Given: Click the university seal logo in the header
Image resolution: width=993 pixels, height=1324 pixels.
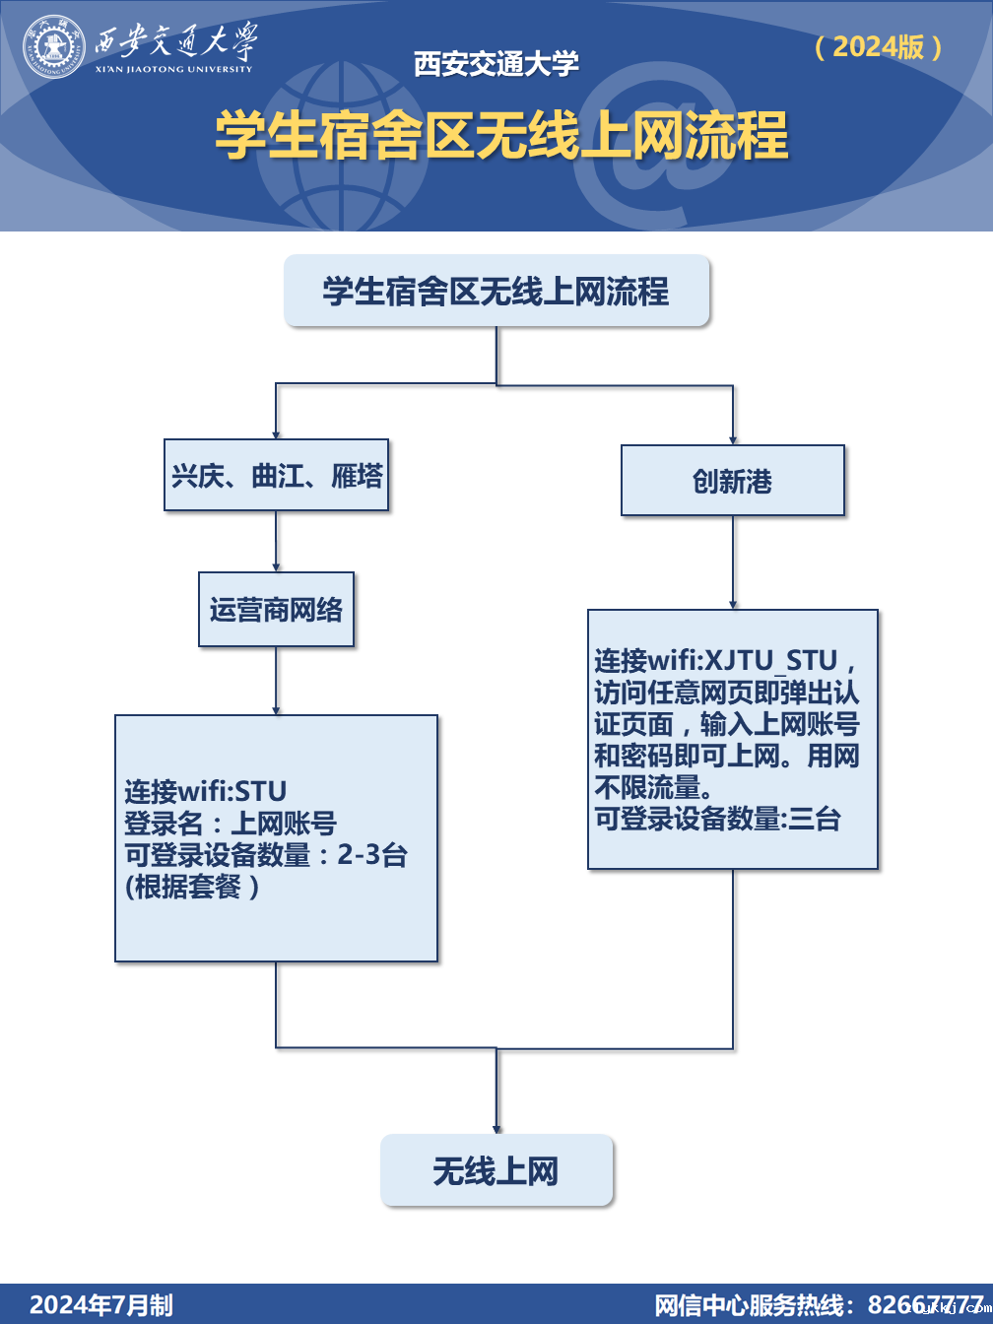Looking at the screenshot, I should click(x=54, y=46).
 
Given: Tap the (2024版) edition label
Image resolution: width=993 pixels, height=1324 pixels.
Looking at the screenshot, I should click(x=879, y=46).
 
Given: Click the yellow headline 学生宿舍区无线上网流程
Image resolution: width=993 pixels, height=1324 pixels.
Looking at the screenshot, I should click(x=501, y=135).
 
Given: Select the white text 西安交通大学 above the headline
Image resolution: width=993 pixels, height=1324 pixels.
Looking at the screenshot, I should click(x=496, y=65).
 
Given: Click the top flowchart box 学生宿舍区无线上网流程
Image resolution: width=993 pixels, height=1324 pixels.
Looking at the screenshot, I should click(x=496, y=291).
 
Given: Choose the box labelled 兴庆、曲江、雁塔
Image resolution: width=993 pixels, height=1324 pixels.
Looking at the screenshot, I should click(x=276, y=475).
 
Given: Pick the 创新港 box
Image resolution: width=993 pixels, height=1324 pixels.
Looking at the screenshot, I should click(x=732, y=481).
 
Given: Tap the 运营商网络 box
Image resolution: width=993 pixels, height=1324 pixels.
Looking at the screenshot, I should click(x=276, y=610).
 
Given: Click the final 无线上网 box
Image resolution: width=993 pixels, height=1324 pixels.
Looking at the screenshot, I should click(x=496, y=1170).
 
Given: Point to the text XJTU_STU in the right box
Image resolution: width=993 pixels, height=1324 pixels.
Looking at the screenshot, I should click(x=770, y=661).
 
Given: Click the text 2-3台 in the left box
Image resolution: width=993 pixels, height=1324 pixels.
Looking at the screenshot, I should click(x=371, y=854).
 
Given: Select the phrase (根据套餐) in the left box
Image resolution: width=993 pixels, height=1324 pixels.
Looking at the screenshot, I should click(x=192, y=887).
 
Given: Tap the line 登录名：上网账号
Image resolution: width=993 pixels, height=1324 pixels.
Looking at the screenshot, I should click(x=231, y=823).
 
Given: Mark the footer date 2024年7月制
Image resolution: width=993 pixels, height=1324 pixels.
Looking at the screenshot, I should click(x=101, y=1305).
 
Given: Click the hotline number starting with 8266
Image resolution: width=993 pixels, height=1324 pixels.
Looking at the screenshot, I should click(x=925, y=1304).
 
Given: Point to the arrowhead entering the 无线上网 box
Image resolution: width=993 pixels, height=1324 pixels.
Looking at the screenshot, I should click(x=496, y=1128).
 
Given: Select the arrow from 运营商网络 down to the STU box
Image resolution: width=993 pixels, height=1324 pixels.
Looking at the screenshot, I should click(x=276, y=681).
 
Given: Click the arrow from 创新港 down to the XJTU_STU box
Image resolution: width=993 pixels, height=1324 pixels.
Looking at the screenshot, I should click(x=733, y=563).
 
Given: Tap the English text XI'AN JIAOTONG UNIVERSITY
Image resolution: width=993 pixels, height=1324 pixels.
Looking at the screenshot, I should click(x=174, y=69).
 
